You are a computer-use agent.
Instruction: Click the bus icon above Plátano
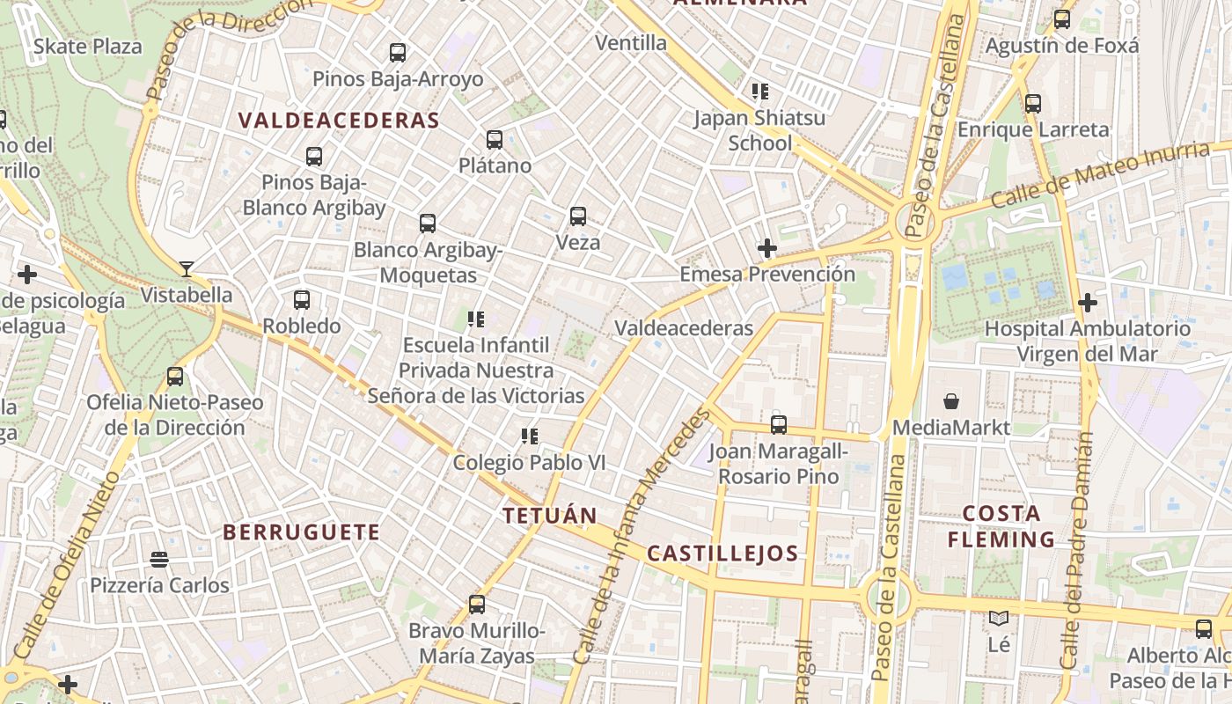click(495, 140)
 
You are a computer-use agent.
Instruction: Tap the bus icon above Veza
click(578, 216)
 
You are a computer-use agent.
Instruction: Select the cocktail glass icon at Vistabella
click(187, 268)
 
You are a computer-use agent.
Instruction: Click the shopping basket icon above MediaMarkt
click(951, 402)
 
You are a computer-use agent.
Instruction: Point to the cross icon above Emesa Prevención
click(767, 248)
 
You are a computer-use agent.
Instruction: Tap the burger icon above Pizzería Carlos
click(159, 560)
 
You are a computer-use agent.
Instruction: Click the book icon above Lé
click(998, 619)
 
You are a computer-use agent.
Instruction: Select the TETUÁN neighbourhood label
click(550, 516)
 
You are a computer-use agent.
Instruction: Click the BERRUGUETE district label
click(301, 532)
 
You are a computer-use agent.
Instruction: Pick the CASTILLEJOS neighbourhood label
click(722, 554)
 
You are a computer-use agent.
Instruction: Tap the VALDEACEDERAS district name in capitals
click(339, 121)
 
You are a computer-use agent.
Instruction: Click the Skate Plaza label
click(87, 47)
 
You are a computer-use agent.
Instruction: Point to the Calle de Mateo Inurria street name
click(1100, 176)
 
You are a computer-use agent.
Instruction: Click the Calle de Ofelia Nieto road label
click(68, 568)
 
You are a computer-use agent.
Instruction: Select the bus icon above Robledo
click(302, 300)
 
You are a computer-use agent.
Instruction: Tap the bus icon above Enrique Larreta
click(1033, 104)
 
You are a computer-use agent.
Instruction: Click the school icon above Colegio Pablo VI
click(529, 436)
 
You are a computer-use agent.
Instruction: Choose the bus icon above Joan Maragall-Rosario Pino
click(779, 425)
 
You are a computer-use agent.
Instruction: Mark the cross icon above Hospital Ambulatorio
click(1088, 303)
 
